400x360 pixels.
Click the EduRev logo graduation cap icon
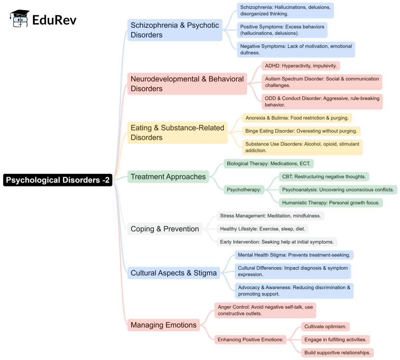click(x=20, y=18)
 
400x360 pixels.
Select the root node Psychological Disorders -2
click(x=58, y=180)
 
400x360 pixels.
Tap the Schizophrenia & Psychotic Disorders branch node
click(x=175, y=30)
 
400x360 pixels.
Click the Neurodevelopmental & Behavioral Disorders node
click(x=187, y=84)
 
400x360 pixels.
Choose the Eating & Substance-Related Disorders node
click(x=177, y=133)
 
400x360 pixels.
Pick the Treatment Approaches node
click(x=168, y=177)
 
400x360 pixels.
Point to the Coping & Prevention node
click(x=164, y=229)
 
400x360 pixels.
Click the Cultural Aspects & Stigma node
click(x=173, y=273)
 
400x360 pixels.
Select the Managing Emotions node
click(x=163, y=325)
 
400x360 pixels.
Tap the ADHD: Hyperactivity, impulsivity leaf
click(x=301, y=66)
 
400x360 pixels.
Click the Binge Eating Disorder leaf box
click(x=301, y=131)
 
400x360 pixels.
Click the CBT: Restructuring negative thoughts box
click(x=324, y=177)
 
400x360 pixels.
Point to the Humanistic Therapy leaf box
click(x=331, y=202)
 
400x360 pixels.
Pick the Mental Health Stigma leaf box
click(x=294, y=255)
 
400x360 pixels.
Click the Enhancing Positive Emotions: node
click(x=250, y=339)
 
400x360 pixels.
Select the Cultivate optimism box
click(x=325, y=326)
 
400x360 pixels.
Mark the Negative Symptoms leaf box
click(x=296, y=49)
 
